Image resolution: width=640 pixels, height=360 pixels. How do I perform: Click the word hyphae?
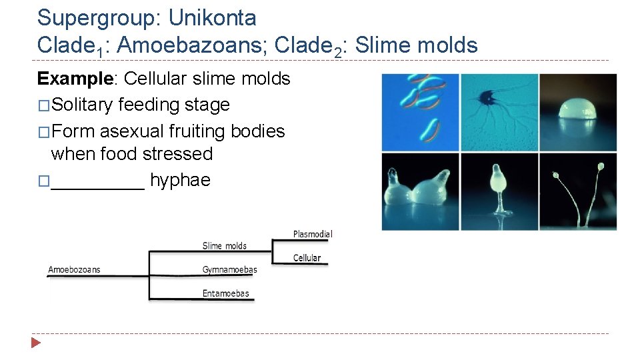(180, 180)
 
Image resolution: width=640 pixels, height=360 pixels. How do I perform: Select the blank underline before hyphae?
(97, 181)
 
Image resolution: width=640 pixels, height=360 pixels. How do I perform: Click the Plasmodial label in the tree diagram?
(313, 234)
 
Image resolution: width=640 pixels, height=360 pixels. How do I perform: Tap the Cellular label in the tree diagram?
(307, 258)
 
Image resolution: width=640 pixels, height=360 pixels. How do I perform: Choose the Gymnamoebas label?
(229, 270)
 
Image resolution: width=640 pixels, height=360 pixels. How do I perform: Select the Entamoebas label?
(225, 293)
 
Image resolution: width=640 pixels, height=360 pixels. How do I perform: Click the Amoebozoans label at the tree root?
(74, 270)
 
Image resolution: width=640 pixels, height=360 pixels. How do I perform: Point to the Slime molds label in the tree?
(224, 246)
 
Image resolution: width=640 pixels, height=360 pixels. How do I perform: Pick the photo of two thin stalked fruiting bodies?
(578, 191)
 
